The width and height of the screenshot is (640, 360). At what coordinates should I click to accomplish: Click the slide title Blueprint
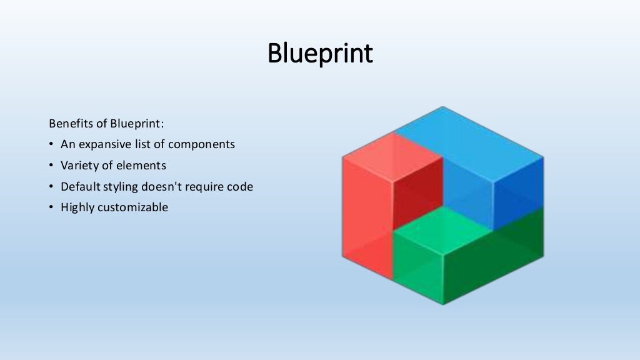pos(320,54)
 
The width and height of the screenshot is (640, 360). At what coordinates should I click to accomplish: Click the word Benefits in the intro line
pos(68,122)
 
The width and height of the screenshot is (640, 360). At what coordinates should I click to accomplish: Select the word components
pos(204,144)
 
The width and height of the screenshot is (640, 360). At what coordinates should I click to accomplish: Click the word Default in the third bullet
pos(79,186)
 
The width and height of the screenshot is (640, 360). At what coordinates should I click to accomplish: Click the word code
pos(240,186)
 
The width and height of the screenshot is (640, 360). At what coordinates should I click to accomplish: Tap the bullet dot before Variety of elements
pos(51,166)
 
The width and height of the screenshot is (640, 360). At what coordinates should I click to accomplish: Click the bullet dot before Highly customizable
pos(51,207)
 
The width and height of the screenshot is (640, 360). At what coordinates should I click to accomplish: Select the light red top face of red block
pos(392,156)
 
